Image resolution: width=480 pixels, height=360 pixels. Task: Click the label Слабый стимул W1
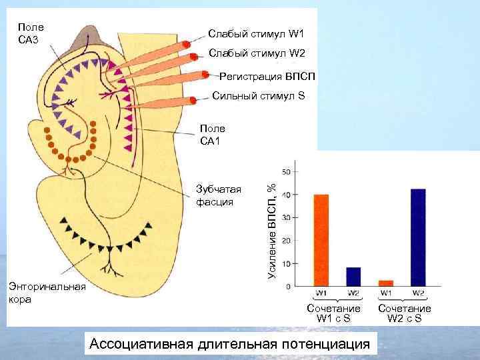click(x=255, y=33)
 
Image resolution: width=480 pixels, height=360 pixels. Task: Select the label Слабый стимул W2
click(x=256, y=53)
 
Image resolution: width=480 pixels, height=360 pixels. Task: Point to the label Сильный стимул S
click(x=258, y=96)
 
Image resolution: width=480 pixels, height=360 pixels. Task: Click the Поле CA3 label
click(x=31, y=33)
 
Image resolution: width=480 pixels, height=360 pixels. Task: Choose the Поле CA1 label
click(x=213, y=134)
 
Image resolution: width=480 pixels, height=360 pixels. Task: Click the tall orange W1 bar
click(x=321, y=240)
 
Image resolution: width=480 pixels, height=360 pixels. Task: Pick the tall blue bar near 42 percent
click(x=418, y=237)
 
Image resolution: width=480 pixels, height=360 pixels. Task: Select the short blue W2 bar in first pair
click(x=353, y=277)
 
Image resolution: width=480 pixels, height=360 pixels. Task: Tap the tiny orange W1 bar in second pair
click(x=386, y=283)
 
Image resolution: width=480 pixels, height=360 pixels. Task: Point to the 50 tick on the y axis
click(x=287, y=171)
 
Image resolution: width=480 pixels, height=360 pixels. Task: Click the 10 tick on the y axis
click(x=287, y=264)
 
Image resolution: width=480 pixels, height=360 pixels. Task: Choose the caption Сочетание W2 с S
click(x=404, y=313)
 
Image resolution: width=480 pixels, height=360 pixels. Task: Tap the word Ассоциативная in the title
click(x=139, y=344)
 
